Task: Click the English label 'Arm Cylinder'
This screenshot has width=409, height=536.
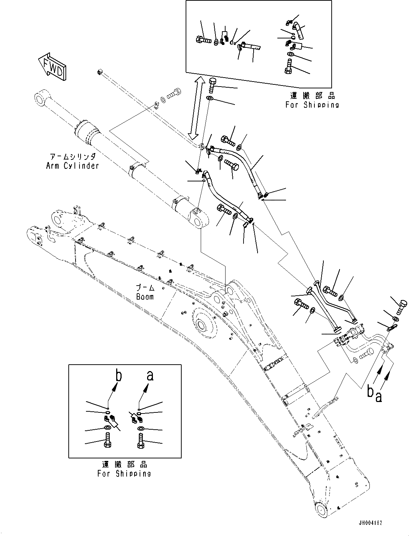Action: pos(72,166)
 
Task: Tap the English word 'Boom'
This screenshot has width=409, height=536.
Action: pos(145,297)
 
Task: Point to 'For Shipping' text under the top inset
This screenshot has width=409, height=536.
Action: pos(312,105)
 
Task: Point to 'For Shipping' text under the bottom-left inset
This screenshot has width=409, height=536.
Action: pos(124,473)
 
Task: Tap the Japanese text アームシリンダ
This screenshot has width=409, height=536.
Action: pos(73,157)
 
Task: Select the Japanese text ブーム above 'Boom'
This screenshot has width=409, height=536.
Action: pos(145,288)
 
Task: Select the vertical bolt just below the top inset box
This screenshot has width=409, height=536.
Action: pos(212,85)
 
